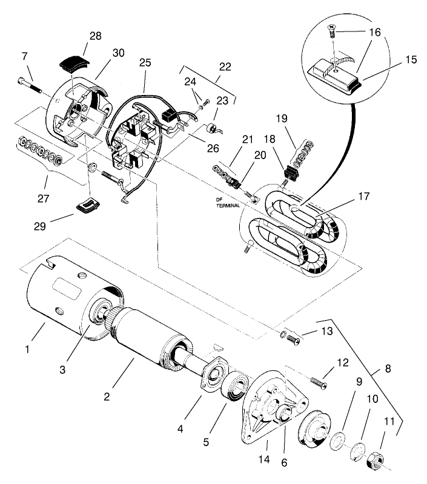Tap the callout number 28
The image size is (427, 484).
click(x=95, y=36)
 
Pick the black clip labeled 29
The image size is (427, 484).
click(x=85, y=205)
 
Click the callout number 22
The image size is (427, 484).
click(x=225, y=67)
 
